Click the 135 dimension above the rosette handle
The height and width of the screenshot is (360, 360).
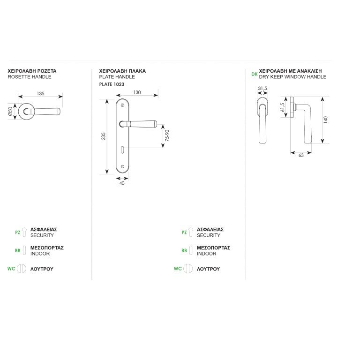tap(41, 93)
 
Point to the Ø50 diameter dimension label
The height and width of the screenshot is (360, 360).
tap(10, 112)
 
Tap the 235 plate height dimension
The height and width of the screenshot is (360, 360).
tap(103, 136)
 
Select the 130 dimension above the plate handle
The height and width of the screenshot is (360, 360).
tap(137, 92)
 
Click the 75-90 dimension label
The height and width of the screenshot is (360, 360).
tap(167, 135)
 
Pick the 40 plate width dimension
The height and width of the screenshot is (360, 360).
tap(122, 183)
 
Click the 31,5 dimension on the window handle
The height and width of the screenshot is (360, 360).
tap(262, 89)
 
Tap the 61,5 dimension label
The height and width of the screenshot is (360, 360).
tap(282, 107)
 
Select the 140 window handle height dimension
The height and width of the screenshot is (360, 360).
tap(326, 120)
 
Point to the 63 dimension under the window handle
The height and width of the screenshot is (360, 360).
tap(301, 156)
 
